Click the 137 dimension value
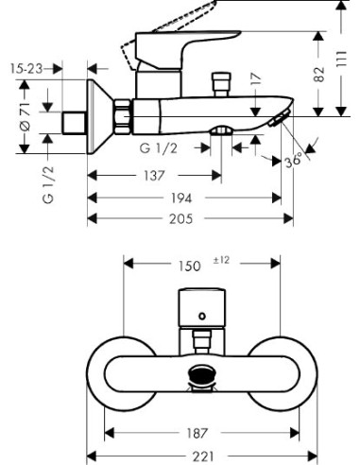coord(154,176)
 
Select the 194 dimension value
coord(181,198)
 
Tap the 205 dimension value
coord(181,218)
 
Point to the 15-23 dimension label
coord(26,68)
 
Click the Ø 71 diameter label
coord(25,116)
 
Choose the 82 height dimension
coord(319,75)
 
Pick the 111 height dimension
coord(341,59)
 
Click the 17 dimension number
coord(257,78)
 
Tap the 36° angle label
coord(294,161)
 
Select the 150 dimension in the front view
coord(189,267)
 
